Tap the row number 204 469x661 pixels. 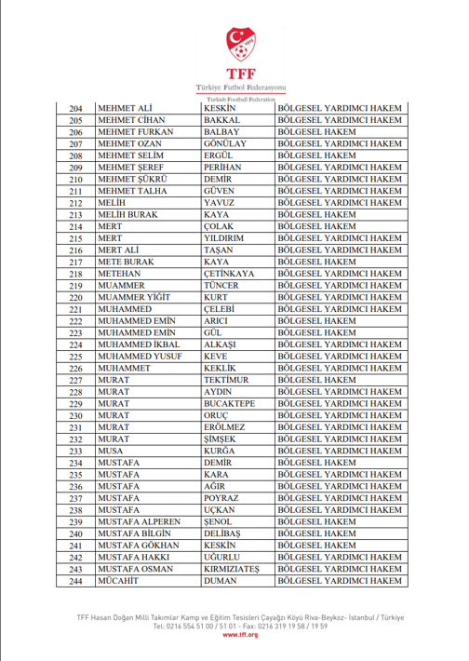(x=76, y=109)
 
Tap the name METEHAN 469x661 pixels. (x=120, y=274)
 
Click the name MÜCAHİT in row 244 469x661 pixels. (x=119, y=581)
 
